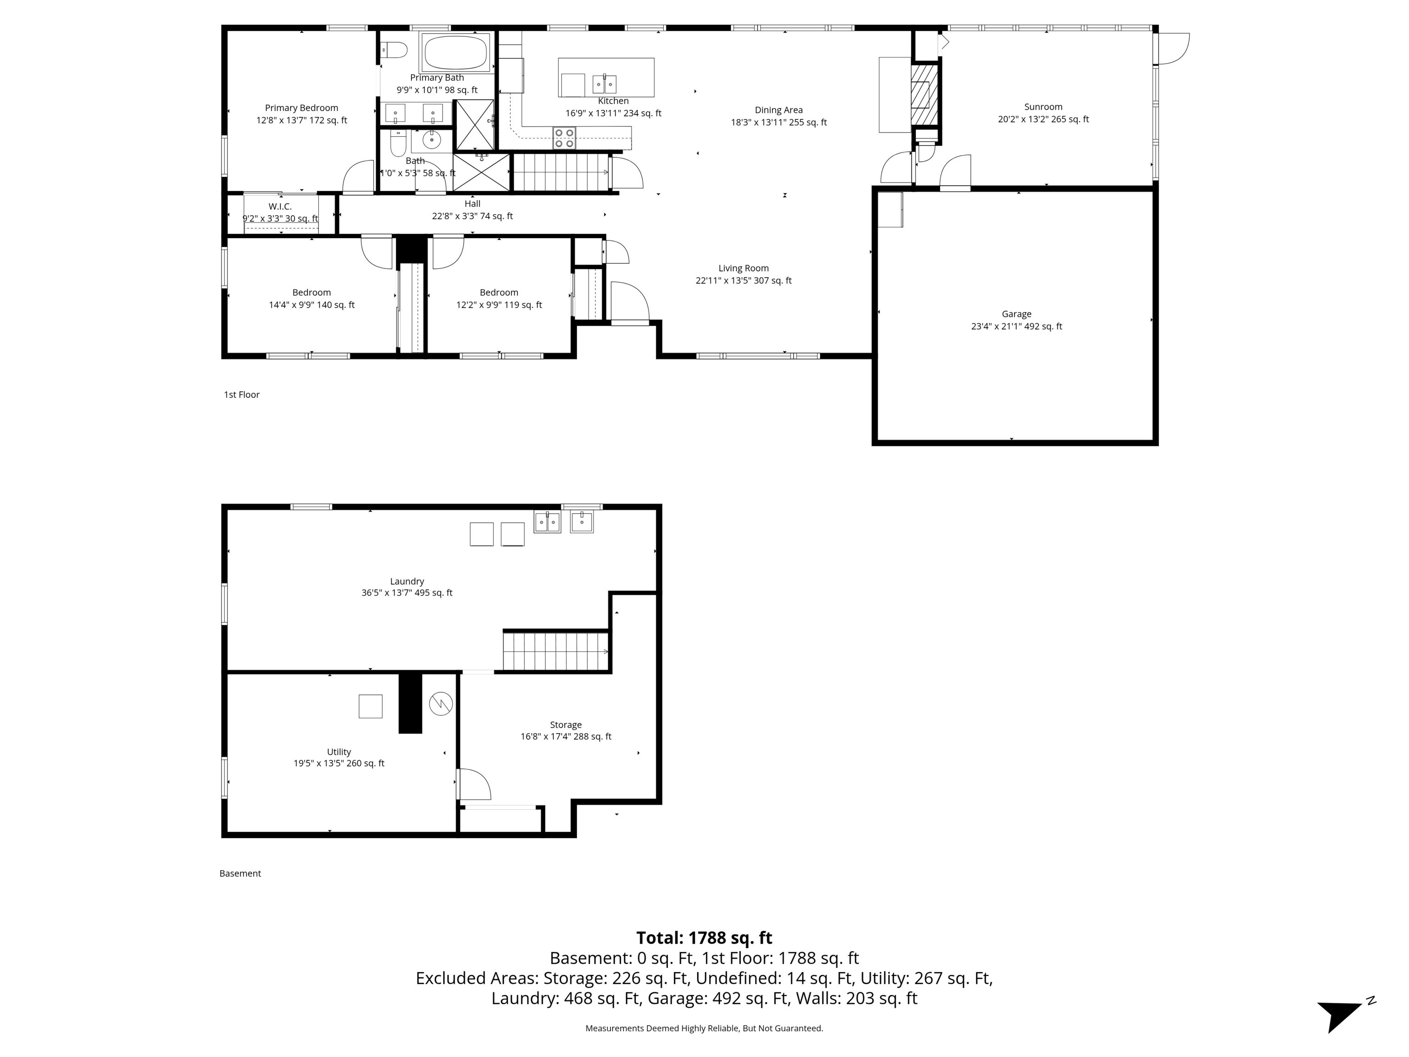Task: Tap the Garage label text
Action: point(1017,314)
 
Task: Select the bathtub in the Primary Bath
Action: point(456,52)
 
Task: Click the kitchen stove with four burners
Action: point(564,138)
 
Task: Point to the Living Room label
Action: point(743,268)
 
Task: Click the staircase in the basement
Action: point(556,651)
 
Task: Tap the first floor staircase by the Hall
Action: point(560,172)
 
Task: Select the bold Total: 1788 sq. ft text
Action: point(704,938)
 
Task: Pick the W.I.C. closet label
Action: point(280,207)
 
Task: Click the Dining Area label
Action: point(778,110)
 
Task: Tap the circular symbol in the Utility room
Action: point(441,703)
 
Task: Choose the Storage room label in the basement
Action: point(566,725)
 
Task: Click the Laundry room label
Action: point(407,582)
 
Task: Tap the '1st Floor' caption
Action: point(241,395)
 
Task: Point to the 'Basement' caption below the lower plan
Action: point(240,873)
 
